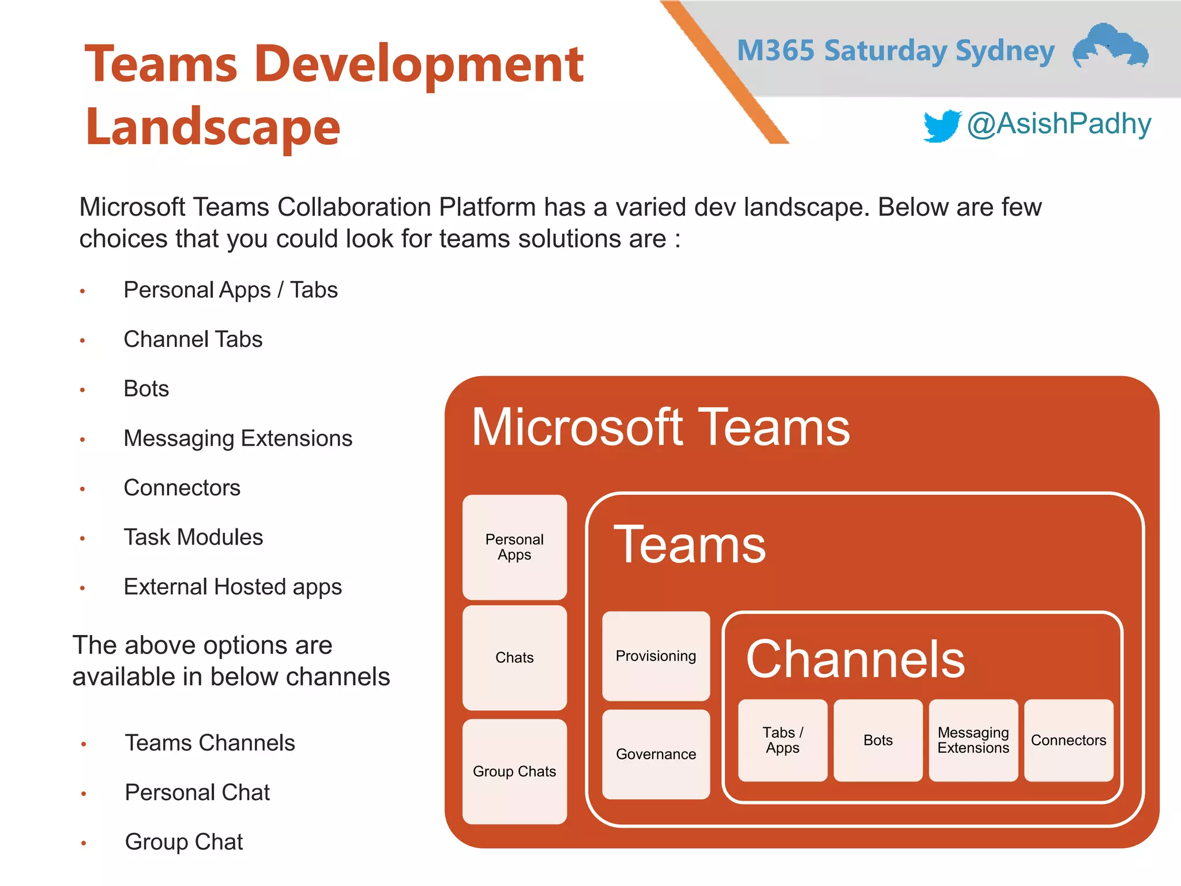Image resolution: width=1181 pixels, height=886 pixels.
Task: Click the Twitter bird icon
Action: pos(941,126)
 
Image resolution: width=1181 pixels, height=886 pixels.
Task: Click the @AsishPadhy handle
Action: pos(1059,124)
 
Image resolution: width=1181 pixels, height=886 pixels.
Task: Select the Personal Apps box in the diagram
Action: pos(514,547)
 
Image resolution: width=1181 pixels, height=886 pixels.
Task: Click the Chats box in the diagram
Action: pos(514,658)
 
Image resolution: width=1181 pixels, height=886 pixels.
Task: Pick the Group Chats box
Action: pos(514,771)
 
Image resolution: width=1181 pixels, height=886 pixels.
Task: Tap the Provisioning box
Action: pos(656,656)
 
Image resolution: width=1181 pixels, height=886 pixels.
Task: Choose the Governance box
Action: pos(656,754)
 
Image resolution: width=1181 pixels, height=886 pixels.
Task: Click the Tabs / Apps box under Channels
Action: pos(783,740)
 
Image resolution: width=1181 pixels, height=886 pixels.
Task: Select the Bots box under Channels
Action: pos(878,740)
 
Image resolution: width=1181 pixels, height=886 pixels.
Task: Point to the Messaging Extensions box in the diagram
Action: pos(973,740)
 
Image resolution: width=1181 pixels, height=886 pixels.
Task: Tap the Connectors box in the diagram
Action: pos(1069,740)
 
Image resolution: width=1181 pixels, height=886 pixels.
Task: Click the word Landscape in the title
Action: pos(213,127)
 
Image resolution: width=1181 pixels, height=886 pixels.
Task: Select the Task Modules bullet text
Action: pos(193,537)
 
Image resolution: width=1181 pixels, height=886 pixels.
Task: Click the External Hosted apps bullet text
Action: pos(232,587)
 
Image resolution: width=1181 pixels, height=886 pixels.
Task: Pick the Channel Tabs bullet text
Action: pos(193,339)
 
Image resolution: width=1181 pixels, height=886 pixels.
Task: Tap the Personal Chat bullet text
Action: pos(197,793)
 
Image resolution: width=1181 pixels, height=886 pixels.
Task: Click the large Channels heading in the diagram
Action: pos(855,659)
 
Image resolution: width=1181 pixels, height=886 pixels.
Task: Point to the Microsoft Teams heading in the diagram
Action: pos(660,427)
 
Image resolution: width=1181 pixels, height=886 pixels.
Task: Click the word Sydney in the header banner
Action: pos(1005,51)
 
